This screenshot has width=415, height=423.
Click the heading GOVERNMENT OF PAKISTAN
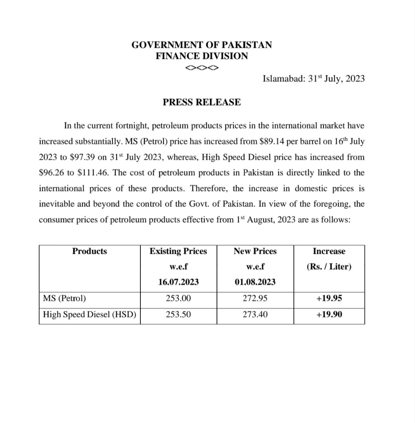[202, 45]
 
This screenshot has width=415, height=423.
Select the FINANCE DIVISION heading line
[202, 56]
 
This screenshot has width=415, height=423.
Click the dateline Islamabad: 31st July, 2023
[313, 79]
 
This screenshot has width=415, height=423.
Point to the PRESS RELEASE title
[202, 102]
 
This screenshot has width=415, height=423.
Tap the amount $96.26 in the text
[53, 173]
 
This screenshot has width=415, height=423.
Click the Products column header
[90, 251]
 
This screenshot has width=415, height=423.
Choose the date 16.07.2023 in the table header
[178, 283]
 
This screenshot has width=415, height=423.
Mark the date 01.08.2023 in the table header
[255, 283]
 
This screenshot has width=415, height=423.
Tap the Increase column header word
[329, 251]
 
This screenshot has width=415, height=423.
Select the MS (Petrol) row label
[64, 298]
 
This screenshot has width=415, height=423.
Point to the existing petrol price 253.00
[178, 298]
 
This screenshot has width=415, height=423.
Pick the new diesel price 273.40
[255, 314]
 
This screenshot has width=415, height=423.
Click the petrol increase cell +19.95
[329, 298]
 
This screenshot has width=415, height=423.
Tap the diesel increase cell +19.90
[329, 314]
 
